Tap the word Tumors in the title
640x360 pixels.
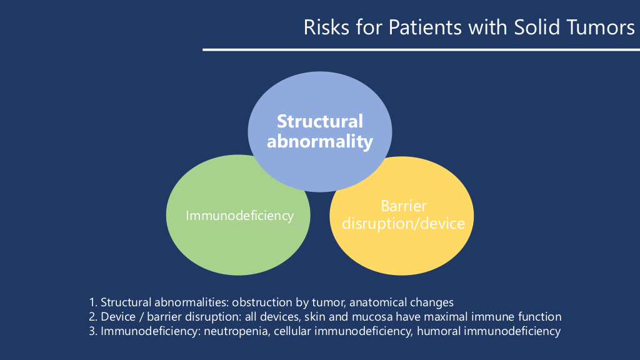pos(604,27)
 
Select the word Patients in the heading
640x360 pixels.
pos(425,27)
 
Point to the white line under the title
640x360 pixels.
pos(421,50)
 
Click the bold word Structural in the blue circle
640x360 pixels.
pos(320,121)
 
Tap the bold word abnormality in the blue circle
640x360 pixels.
pos(320,142)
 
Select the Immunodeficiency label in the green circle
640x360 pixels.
pos(239,216)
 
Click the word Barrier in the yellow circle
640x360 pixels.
pos(404,206)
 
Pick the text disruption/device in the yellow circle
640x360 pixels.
pos(403,224)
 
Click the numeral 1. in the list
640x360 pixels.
pos(93,302)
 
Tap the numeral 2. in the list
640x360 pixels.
pos(93,317)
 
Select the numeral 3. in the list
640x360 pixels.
pos(93,331)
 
